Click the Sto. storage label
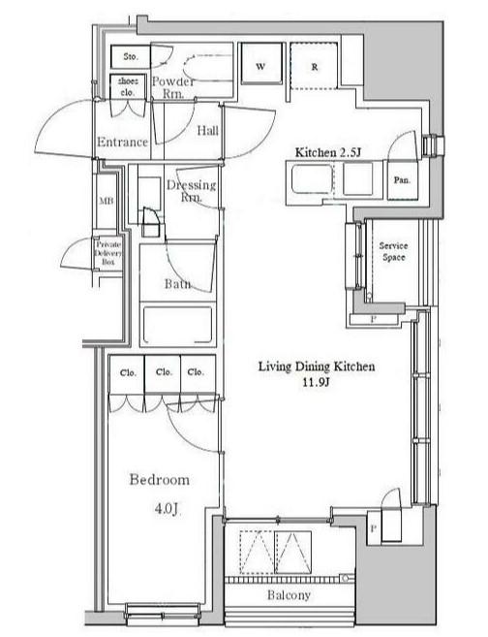[x=131, y=57]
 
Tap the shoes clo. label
[x=128, y=86]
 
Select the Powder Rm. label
[x=173, y=87]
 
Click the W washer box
[x=261, y=64]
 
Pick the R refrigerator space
[x=314, y=65]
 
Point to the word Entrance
[x=123, y=143]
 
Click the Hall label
[x=208, y=131]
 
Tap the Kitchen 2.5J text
[x=328, y=153]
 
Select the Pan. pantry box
[x=403, y=180]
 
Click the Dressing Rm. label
[x=192, y=191]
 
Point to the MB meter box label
[x=107, y=201]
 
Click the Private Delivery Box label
[x=108, y=253]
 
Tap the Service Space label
[x=393, y=251]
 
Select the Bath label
[x=178, y=283]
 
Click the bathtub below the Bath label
[x=178, y=325]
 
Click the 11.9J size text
[x=316, y=382]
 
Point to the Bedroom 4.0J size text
[x=167, y=508]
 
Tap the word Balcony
[x=289, y=595]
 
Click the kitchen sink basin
[x=312, y=179]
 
